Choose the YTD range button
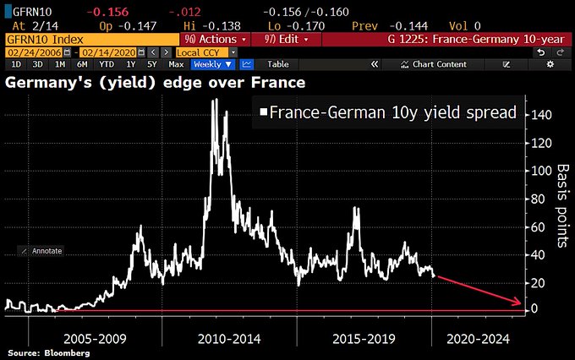tap(106, 64)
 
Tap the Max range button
tap(176, 64)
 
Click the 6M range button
tap(82, 64)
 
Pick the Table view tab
tap(277, 64)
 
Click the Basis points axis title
tap(559, 207)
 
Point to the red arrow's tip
tap(519, 303)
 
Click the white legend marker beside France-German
tap(264, 111)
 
